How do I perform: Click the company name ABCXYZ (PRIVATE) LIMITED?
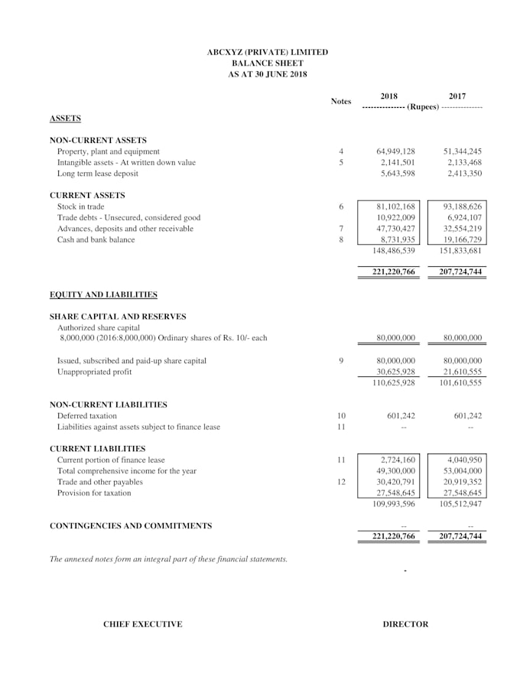click(x=267, y=52)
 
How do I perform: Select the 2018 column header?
click(x=388, y=96)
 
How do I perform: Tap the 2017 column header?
click(x=457, y=96)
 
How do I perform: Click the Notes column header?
click(x=341, y=102)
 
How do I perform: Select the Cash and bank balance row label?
click(x=96, y=239)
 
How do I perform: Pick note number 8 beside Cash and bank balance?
click(x=341, y=239)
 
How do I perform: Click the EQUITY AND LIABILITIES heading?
click(x=103, y=294)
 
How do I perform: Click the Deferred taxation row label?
click(x=87, y=416)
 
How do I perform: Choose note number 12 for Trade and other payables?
click(x=341, y=482)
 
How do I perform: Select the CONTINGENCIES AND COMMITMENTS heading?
click(x=131, y=526)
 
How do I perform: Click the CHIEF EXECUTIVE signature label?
click(x=143, y=624)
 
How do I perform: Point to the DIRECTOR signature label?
click(x=405, y=624)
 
